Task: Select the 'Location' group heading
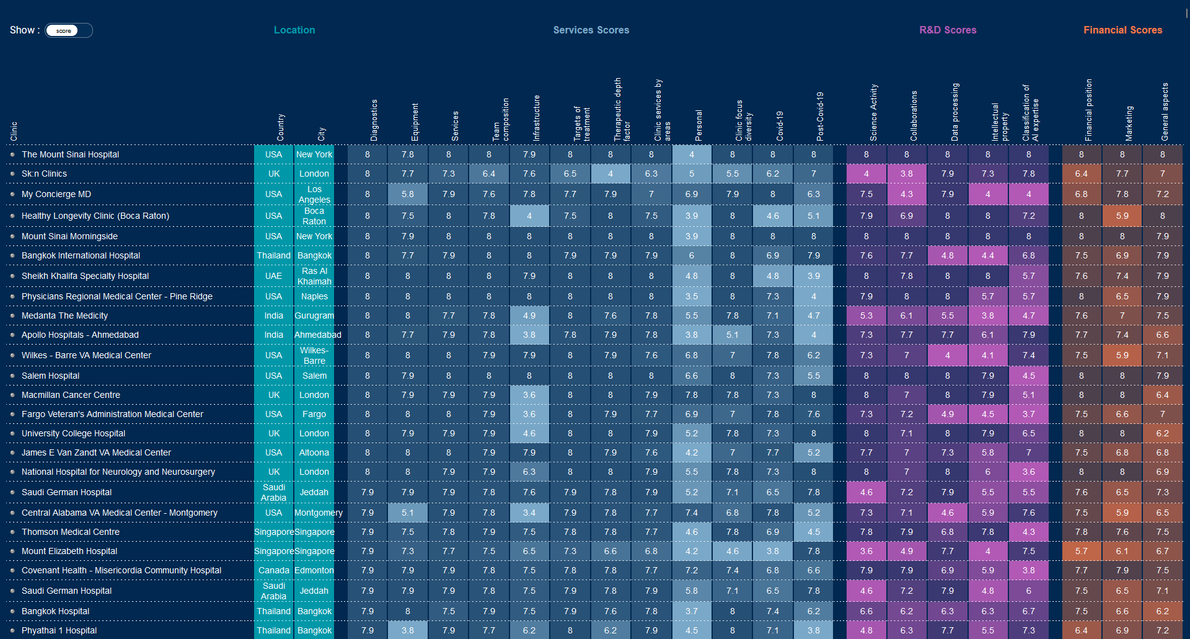[x=294, y=30]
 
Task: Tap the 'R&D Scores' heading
[x=948, y=30]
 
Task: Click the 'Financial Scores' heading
[x=1122, y=30]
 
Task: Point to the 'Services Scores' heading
[x=591, y=30]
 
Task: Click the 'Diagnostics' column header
[x=374, y=120]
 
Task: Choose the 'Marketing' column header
[x=1129, y=123]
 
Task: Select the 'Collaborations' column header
[x=914, y=116]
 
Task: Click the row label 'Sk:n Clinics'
[x=44, y=174]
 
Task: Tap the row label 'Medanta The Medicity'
[x=64, y=315]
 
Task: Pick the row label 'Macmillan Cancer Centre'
[x=71, y=395]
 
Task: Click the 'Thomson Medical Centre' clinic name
[x=71, y=532]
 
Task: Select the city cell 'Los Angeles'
[x=314, y=194]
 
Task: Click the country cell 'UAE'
[x=273, y=276]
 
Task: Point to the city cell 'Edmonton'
[x=314, y=570]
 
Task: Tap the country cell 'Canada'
[x=273, y=570]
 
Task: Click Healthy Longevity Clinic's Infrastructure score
[x=529, y=216]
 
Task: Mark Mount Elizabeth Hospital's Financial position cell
[x=1082, y=551]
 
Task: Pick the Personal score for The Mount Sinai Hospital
[x=692, y=154]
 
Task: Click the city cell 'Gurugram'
[x=314, y=315]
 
